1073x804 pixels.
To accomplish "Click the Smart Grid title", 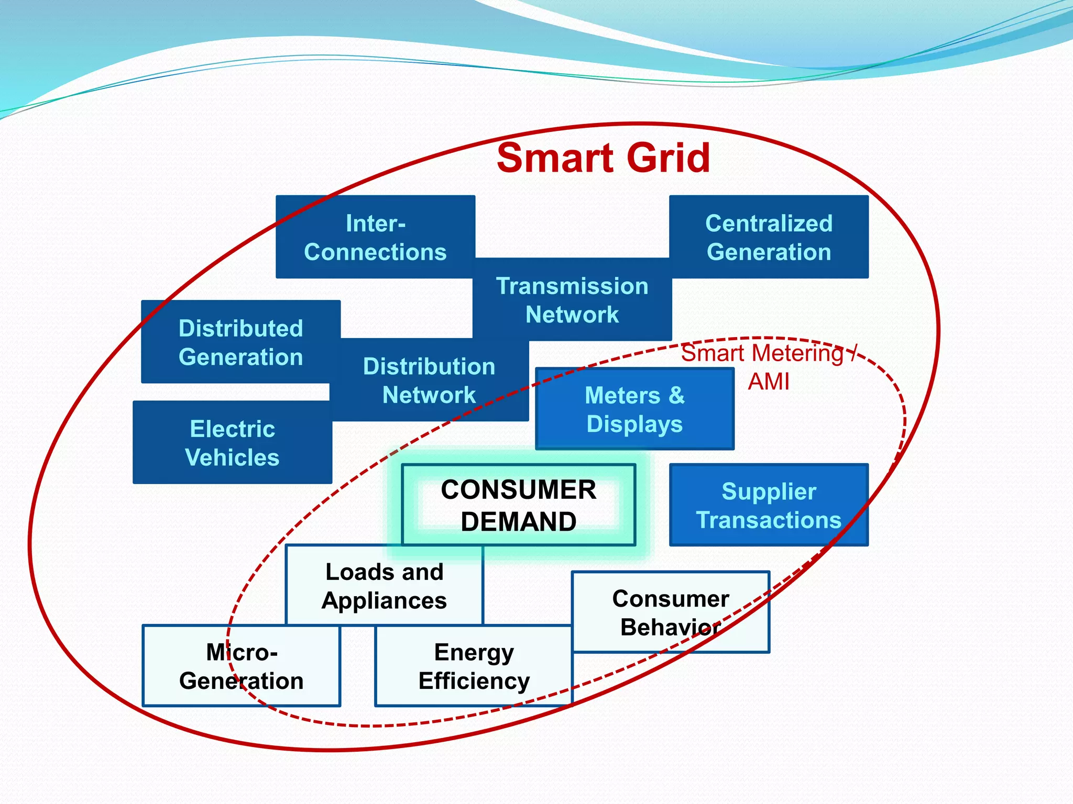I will tap(603, 158).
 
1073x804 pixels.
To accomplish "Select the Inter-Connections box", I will tap(375, 237).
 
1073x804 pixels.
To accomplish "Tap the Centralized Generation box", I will tap(769, 237).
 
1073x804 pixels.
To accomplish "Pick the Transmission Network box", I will tap(572, 300).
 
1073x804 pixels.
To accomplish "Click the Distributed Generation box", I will tap(240, 342).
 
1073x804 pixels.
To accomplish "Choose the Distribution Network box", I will tap(429, 381).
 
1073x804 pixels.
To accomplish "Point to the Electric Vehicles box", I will tap(232, 443).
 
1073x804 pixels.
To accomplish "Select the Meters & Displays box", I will tap(634, 409).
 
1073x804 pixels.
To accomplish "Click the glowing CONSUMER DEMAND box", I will tap(519, 505).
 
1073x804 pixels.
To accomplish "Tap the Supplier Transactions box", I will tap(769, 506).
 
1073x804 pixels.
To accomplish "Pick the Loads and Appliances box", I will tap(384, 586).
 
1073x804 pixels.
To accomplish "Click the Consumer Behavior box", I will tap(671, 612).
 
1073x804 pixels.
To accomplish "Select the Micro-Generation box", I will tap(242, 666).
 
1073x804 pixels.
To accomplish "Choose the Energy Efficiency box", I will tap(474, 666).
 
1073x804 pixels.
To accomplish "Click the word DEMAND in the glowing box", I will tap(519, 522).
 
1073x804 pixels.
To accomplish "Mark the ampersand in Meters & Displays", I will tap(676, 395).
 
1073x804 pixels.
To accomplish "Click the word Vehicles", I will tap(232, 457).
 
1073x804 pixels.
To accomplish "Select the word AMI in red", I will tap(768, 382).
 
